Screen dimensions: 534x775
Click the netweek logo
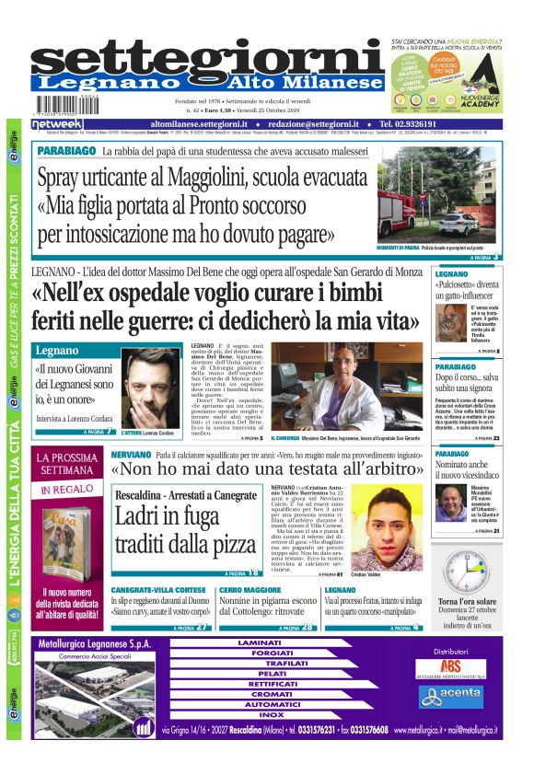(x=57, y=123)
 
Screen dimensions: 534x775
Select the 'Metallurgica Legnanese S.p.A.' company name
(x=94, y=644)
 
